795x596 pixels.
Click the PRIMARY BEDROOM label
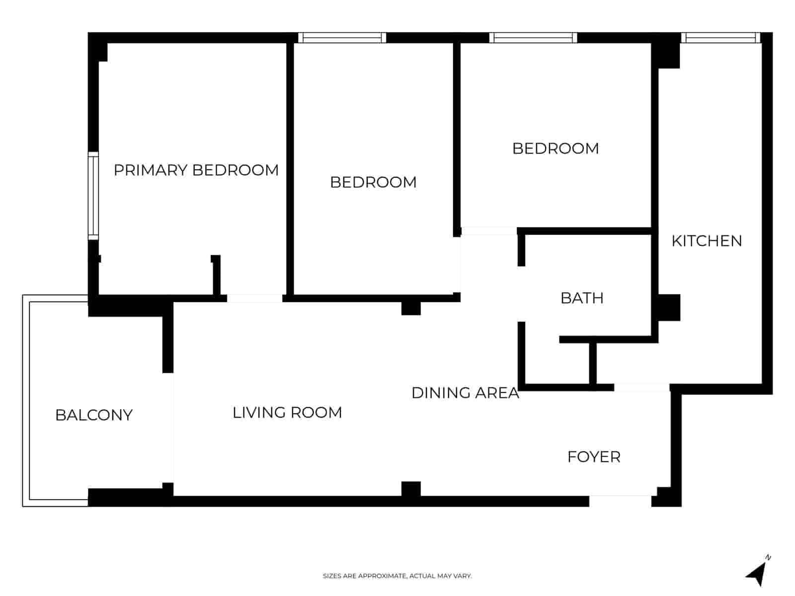click(196, 170)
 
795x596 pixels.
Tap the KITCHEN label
click(707, 241)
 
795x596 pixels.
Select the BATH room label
click(582, 298)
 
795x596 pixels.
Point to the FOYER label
click(594, 457)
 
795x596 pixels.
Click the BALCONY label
click(94, 415)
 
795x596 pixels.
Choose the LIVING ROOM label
click(287, 413)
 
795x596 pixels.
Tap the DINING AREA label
click(465, 393)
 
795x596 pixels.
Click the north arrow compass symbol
click(757, 573)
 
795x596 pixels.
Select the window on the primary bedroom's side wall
click(93, 196)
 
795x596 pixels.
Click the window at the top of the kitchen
click(720, 38)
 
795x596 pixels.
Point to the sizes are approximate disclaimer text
click(397, 576)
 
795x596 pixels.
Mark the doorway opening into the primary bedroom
click(254, 298)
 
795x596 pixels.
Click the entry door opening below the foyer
click(620, 501)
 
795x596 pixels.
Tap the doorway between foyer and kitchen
click(641, 387)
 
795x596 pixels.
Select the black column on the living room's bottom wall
click(411, 489)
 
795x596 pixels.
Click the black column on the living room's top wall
click(411, 308)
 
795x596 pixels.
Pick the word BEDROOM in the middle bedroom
click(373, 182)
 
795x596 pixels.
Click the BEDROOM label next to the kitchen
click(556, 149)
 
